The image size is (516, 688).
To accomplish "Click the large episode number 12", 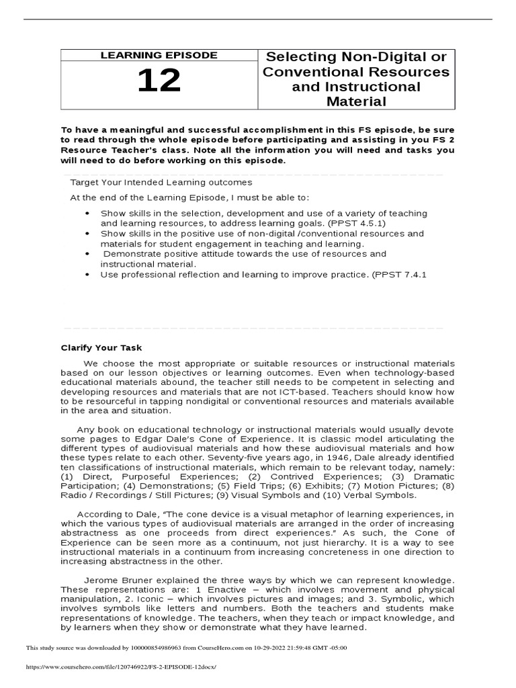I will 159,82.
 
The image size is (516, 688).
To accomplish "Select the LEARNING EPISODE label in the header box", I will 159,55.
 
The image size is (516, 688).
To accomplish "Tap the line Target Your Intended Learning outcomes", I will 161,182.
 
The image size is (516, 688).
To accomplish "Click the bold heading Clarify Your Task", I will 101,347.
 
